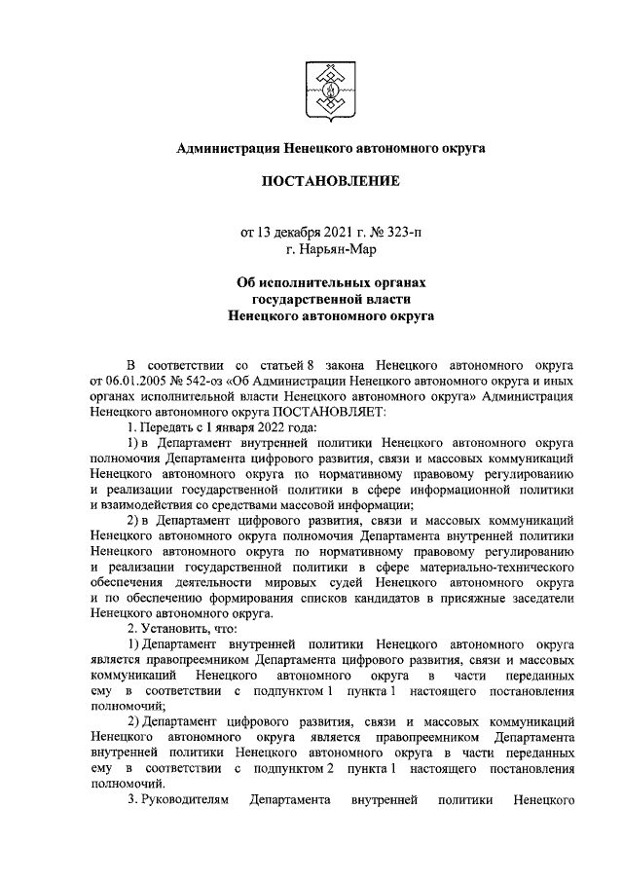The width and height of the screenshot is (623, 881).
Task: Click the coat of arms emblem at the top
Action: pos(330,85)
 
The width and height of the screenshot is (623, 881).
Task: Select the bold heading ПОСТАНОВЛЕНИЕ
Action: pos(330,181)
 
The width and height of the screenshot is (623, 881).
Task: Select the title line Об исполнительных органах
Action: pos(330,282)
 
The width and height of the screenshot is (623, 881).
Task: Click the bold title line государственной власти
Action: pos(330,299)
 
